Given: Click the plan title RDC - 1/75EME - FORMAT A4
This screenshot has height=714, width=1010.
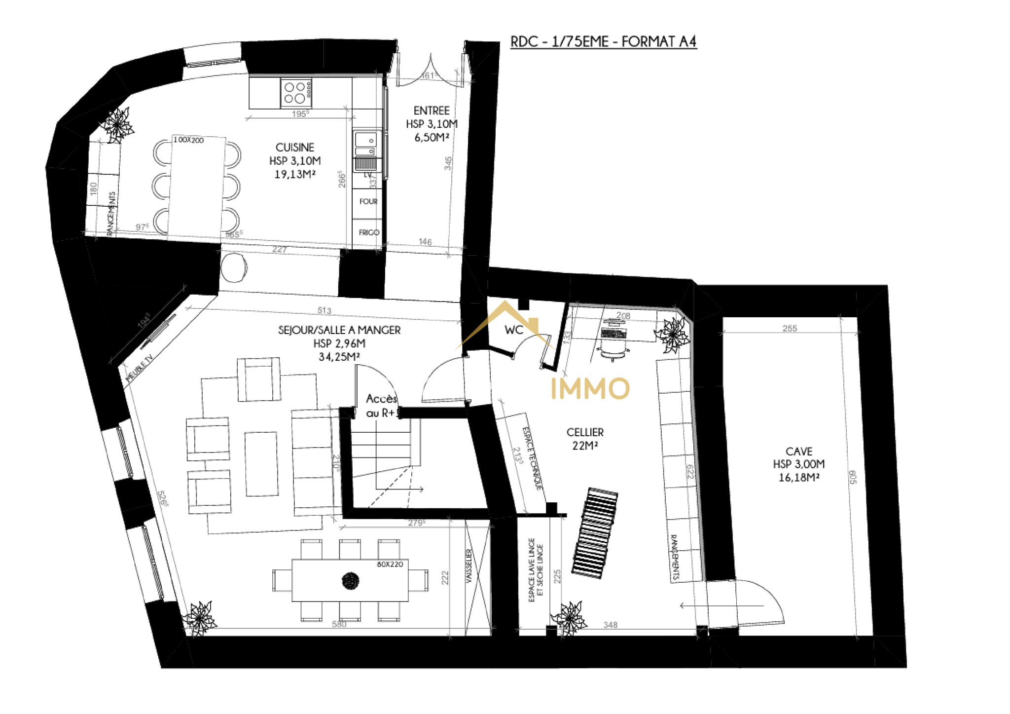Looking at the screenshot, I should pyautogui.click(x=603, y=41).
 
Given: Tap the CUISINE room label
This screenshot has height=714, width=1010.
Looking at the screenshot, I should pyautogui.click(x=295, y=148).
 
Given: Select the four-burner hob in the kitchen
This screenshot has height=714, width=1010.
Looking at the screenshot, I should pyautogui.click(x=295, y=93).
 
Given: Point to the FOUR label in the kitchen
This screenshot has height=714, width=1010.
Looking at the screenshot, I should pyautogui.click(x=368, y=201).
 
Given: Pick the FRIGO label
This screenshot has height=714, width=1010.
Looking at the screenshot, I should pyautogui.click(x=368, y=232).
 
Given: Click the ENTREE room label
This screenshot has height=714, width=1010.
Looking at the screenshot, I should pyautogui.click(x=432, y=111).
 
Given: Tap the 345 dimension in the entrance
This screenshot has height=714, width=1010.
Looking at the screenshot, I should pyautogui.click(x=448, y=163).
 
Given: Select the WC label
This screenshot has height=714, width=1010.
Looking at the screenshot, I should pyautogui.click(x=513, y=330).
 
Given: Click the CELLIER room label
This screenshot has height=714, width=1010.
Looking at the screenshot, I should pyautogui.click(x=585, y=432).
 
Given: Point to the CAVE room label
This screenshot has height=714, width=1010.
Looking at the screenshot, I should pyautogui.click(x=799, y=451).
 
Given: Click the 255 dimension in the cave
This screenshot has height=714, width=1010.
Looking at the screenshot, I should pyautogui.click(x=790, y=328).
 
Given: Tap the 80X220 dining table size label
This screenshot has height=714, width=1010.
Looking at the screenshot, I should pyautogui.click(x=390, y=564).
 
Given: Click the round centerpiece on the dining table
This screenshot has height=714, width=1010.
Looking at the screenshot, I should pyautogui.click(x=350, y=581).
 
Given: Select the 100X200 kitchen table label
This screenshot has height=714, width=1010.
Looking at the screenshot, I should pyautogui.click(x=188, y=140).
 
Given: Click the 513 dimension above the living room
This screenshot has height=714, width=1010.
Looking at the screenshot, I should pyautogui.click(x=324, y=310).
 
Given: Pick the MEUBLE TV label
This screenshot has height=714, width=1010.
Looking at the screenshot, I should pyautogui.click(x=140, y=368).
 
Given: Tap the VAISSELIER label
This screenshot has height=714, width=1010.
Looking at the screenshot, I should pyautogui.click(x=469, y=566).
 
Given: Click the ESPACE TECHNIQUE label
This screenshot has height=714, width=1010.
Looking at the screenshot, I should pyautogui.click(x=532, y=458).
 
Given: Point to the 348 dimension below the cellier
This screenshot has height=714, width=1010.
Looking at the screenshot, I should pyautogui.click(x=610, y=625).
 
